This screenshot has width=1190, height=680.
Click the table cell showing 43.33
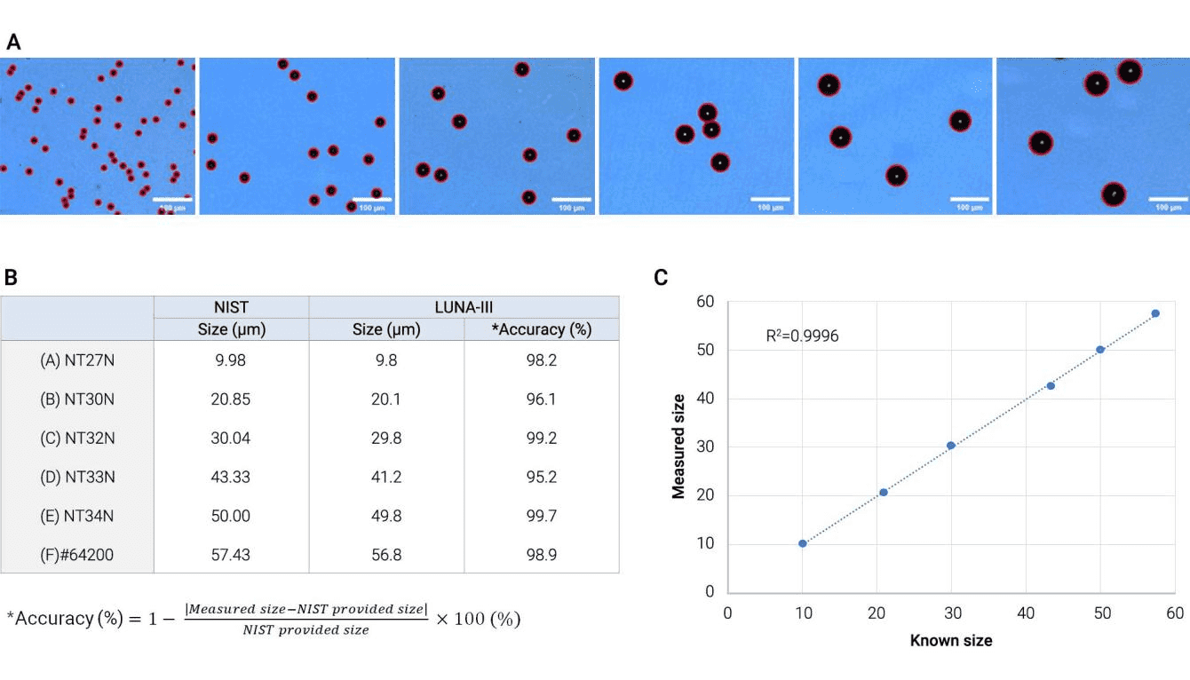tap(231, 477)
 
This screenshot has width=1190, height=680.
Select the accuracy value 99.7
tap(541, 516)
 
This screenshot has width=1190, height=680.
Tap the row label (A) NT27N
tap(77, 360)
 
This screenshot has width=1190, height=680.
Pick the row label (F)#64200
tap(77, 555)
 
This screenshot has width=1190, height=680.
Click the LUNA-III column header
tap(464, 307)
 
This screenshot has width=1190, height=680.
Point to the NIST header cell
tap(231, 307)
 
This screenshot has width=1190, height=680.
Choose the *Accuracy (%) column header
tap(541, 329)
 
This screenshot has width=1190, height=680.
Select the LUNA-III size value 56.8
tap(385, 555)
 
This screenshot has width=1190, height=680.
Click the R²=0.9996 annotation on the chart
tap(802, 336)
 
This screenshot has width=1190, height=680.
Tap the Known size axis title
tap(951, 640)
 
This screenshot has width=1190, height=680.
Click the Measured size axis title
tap(679, 447)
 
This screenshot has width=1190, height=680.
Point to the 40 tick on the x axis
tap(1026, 613)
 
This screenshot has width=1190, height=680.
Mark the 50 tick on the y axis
tap(708, 351)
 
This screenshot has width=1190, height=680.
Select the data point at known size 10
tap(803, 543)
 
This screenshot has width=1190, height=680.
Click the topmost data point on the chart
tap(1155, 313)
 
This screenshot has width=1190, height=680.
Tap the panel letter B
tap(11, 277)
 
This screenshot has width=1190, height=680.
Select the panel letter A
tap(13, 42)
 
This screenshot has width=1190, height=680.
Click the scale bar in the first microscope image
tap(174, 198)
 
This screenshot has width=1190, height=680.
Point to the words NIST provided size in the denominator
tap(306, 630)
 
